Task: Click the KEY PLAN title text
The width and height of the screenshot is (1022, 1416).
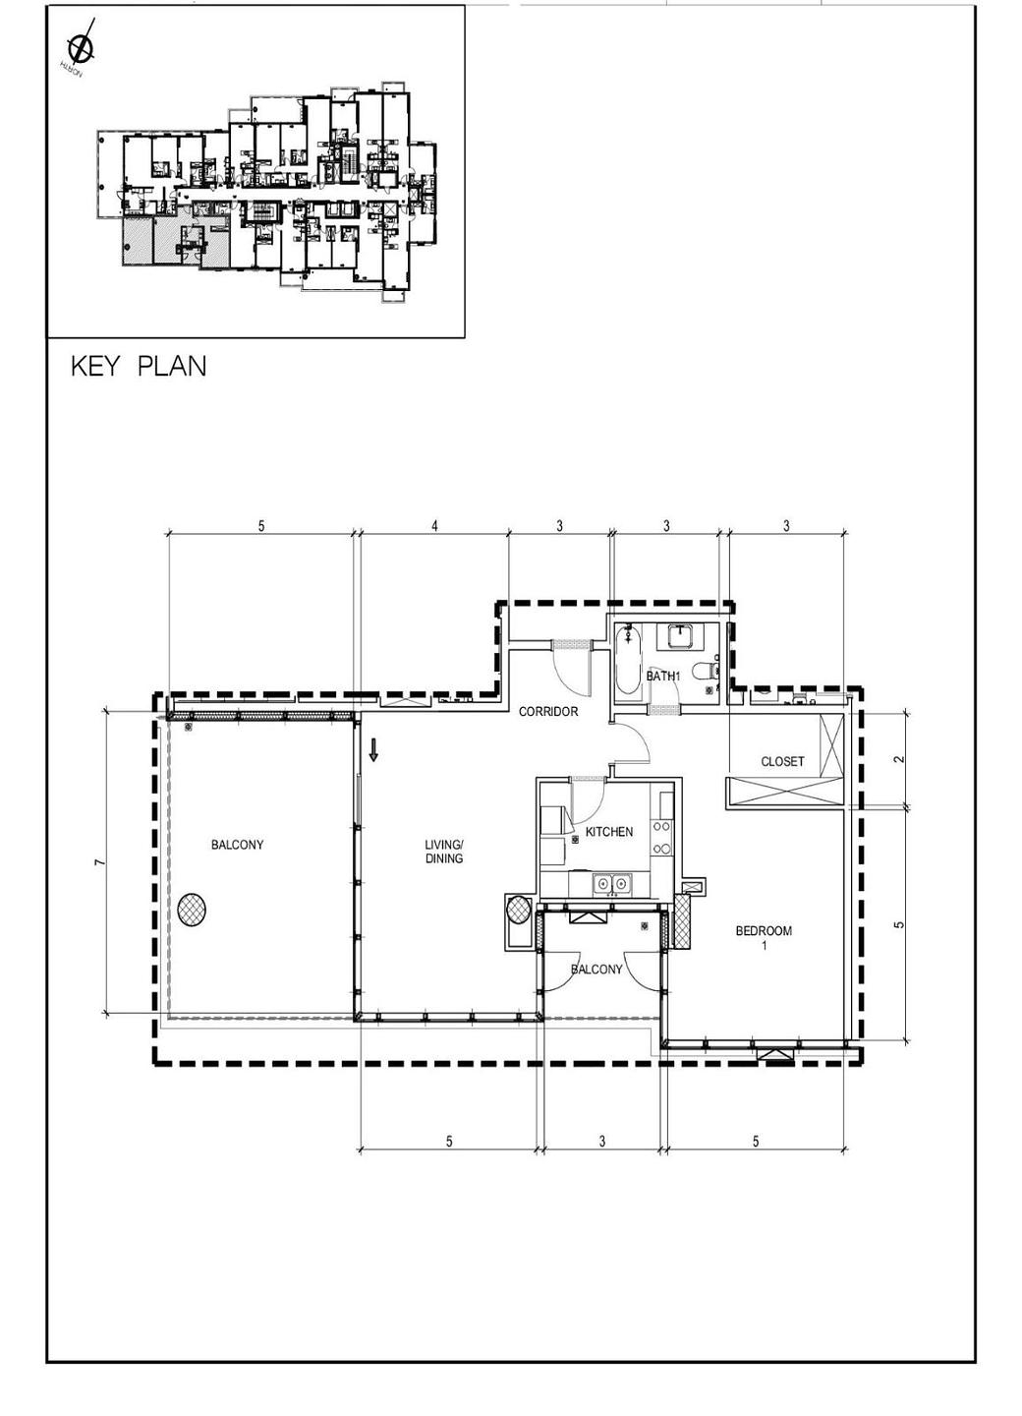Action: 139,367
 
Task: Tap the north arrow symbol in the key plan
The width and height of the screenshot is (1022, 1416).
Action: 80,46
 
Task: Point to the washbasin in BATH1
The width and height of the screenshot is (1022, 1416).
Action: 681,636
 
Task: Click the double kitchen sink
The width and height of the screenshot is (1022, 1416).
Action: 610,885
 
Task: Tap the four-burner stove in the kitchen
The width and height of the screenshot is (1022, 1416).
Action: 664,836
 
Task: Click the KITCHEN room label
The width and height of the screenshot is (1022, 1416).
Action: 609,832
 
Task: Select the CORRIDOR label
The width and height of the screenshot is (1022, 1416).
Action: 548,711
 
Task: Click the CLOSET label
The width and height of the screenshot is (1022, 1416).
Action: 782,761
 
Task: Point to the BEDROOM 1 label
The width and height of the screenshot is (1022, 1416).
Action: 764,937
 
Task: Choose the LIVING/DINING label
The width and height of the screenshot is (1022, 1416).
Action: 444,851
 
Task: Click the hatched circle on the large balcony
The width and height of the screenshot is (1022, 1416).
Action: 193,910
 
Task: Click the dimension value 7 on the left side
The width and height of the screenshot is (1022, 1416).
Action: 98,862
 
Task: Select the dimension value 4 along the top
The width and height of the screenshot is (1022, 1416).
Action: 434,526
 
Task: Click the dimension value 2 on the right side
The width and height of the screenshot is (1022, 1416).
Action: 898,758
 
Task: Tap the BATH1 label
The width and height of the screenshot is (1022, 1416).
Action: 663,677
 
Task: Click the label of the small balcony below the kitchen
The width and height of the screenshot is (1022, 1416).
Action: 597,969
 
